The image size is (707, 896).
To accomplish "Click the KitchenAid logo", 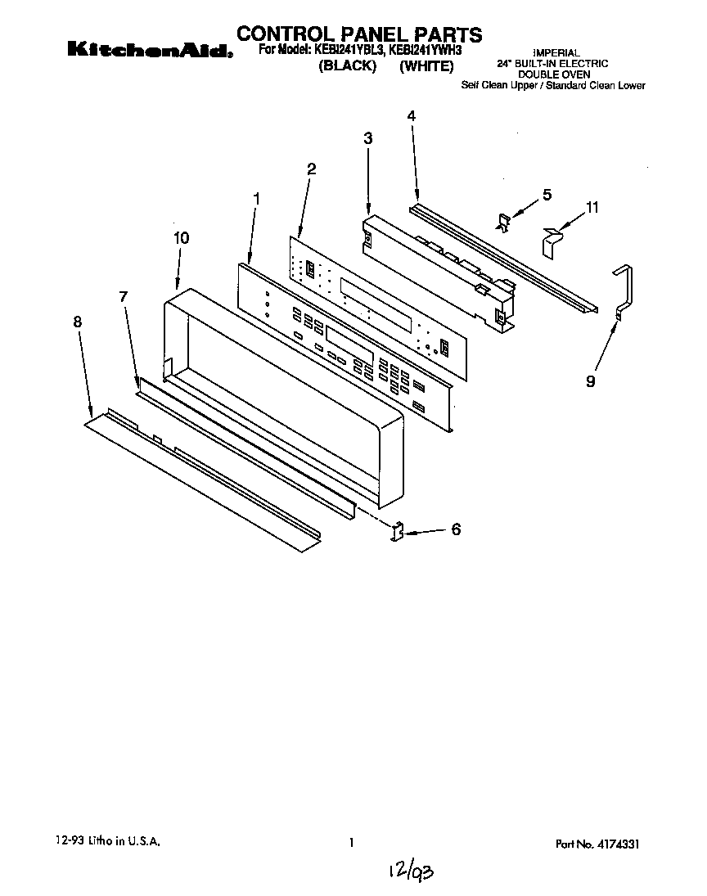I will pos(150,51).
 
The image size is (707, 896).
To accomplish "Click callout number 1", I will pos(257,198).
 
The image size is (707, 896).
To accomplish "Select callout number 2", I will pos(311,169).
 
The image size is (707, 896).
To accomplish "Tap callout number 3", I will pos(368,139).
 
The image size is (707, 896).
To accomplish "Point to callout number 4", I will pos(412,116).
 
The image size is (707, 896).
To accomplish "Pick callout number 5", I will pos(547,195).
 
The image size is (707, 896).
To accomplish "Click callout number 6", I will pos(456,530).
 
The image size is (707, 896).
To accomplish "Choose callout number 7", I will pos(124,297).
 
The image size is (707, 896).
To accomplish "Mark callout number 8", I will pos(78,322).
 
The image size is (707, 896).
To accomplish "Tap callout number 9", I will pos(591,381).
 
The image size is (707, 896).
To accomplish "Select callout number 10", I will pos(181,238).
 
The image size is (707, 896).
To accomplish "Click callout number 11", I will pos(592,208).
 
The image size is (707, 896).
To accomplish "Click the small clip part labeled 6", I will pos(399,532).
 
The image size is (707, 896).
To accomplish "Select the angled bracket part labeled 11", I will pos(553,240).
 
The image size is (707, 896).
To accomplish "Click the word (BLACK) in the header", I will pos(347,67).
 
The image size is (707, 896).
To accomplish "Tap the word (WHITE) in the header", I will pos(426,67).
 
